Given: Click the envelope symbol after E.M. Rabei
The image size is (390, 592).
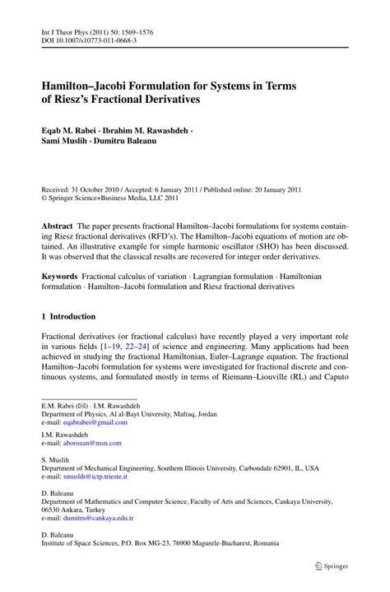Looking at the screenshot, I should pyautogui.click(x=82, y=406).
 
